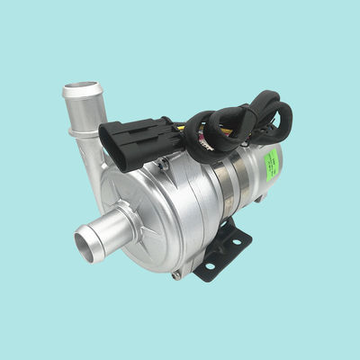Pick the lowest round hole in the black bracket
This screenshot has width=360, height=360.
(209, 268)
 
